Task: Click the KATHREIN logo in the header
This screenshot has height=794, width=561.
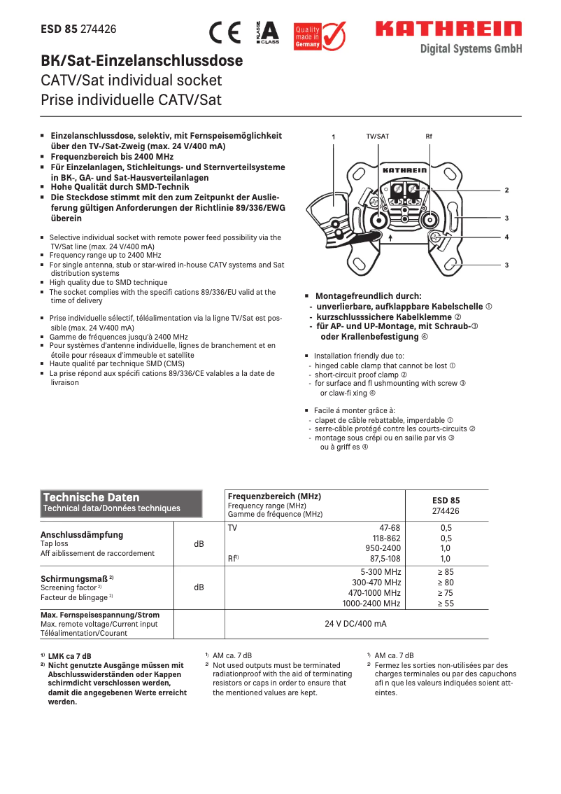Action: point(448,29)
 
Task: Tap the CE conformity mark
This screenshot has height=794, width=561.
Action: point(225,33)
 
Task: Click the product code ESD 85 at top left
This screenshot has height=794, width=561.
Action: point(59,29)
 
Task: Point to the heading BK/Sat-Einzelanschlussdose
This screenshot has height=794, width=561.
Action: point(142,61)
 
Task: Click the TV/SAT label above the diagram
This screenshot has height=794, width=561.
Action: point(378,136)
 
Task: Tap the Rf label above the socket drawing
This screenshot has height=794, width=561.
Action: point(429,136)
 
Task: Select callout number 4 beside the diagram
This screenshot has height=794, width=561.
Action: point(506,237)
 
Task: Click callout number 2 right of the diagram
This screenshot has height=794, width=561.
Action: point(506,190)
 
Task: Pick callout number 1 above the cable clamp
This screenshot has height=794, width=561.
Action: point(334,137)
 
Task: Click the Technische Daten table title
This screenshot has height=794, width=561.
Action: point(92,497)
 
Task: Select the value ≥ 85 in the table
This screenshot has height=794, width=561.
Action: point(446,572)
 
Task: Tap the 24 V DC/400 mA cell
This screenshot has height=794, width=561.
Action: point(355,623)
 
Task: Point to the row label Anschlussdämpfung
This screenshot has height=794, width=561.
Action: point(82,534)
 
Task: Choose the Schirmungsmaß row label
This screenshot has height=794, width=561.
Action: point(77,578)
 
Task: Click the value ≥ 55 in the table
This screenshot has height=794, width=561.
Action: point(446,603)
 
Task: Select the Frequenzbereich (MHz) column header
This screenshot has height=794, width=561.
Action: point(274,496)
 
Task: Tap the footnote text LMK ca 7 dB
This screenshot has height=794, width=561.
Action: point(69,656)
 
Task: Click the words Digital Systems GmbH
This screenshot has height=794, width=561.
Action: point(471,49)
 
